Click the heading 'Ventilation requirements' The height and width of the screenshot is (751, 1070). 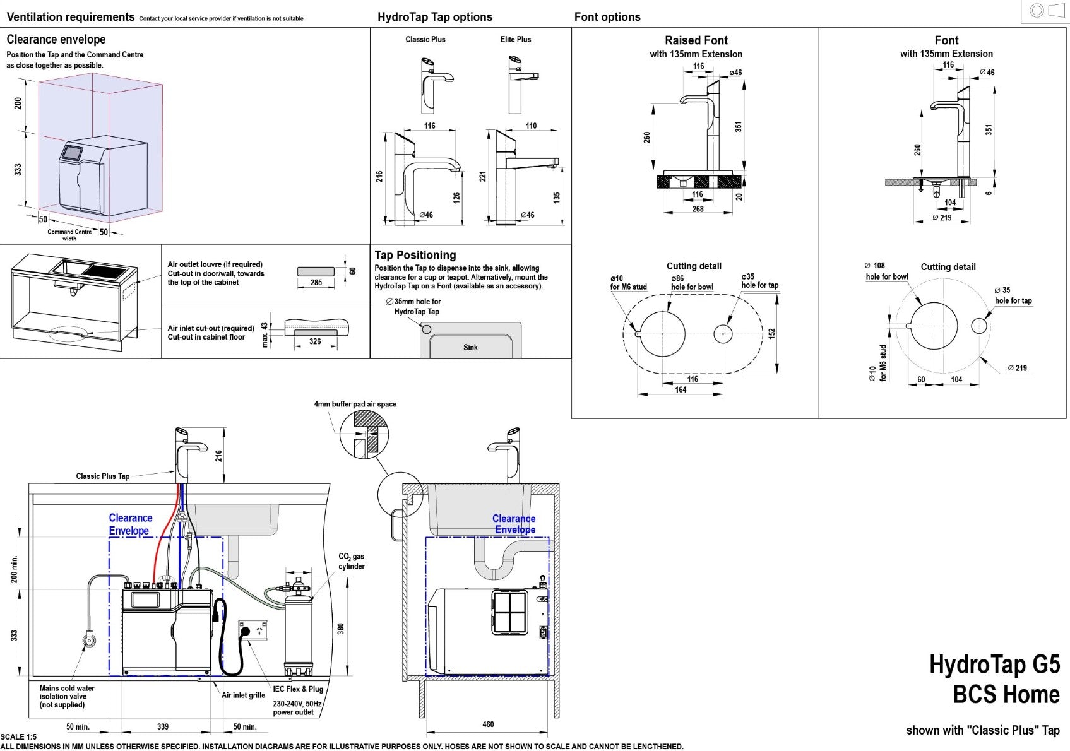click(70, 17)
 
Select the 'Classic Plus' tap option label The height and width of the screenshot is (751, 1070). click(425, 39)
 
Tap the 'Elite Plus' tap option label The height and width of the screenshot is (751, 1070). click(515, 39)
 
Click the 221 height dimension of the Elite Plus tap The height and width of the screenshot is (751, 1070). click(483, 177)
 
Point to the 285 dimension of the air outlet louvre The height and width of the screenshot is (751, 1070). click(316, 282)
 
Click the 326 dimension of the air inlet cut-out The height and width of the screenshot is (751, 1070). click(315, 341)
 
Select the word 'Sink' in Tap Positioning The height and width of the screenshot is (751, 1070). click(470, 347)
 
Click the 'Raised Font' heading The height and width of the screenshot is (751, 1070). click(696, 40)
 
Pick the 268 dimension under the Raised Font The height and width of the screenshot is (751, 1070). click(698, 209)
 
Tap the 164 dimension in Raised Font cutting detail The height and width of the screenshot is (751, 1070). click(681, 389)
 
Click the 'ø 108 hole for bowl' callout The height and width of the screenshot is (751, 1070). click(886, 271)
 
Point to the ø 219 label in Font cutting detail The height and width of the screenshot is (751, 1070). click(1017, 368)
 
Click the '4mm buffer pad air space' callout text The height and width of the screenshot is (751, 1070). click(355, 404)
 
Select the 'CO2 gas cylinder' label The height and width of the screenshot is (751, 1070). click(351, 561)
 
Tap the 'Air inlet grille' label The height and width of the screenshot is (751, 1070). click(243, 695)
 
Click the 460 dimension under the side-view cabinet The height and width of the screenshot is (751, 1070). click(488, 724)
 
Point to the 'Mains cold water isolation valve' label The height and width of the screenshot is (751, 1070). click(66, 696)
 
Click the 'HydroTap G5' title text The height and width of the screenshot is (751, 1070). click(994, 665)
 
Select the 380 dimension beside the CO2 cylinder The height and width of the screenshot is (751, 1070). click(340, 629)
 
